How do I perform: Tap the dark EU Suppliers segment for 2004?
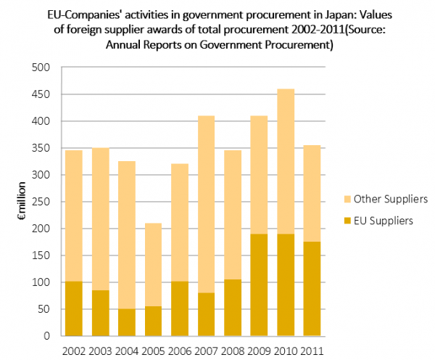tap(126, 322)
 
